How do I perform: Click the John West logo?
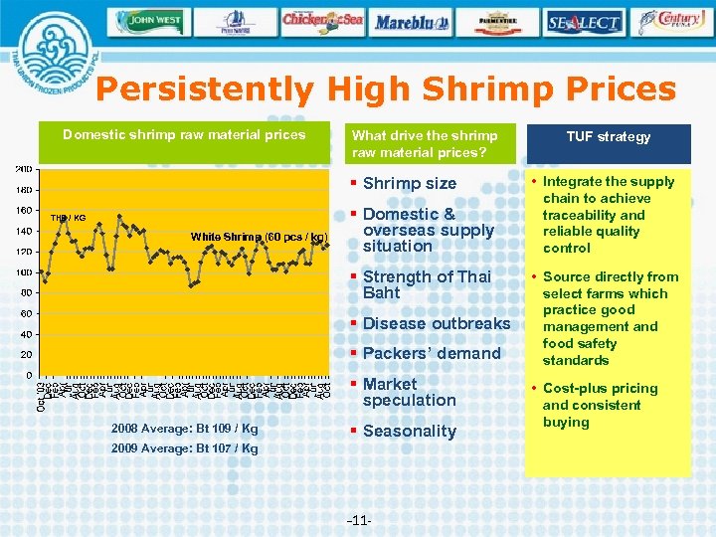click(x=149, y=21)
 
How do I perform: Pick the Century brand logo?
click(x=673, y=21)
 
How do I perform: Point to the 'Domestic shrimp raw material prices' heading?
click(x=184, y=134)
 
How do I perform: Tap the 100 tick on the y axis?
click(x=22, y=271)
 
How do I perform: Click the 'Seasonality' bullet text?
click(x=409, y=431)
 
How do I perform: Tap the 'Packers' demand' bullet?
click(x=432, y=353)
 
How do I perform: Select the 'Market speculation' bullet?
click(x=409, y=392)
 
